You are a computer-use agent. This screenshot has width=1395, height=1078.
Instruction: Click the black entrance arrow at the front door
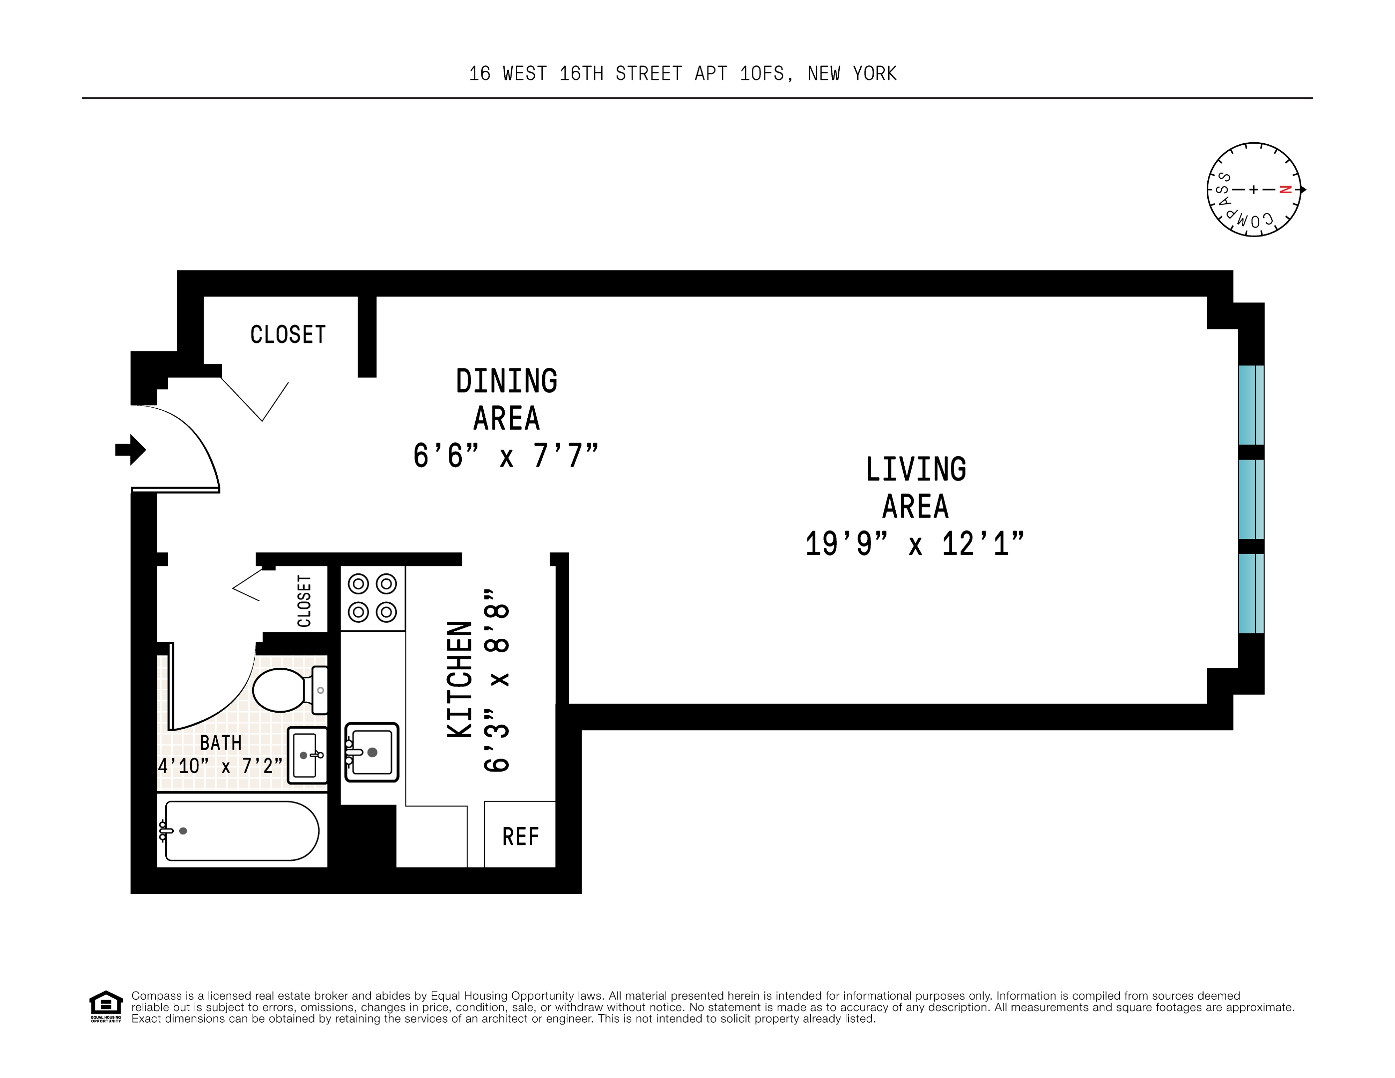click(x=131, y=450)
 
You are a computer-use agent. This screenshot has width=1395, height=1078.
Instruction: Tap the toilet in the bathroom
click(x=290, y=690)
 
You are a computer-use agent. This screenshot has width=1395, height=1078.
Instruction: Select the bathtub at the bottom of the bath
click(x=240, y=831)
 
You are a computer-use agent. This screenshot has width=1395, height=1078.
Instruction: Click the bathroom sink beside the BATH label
click(x=307, y=756)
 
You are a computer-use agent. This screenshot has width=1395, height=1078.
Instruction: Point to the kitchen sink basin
click(x=372, y=752)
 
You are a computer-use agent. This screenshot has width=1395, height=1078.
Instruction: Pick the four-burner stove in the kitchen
click(x=372, y=598)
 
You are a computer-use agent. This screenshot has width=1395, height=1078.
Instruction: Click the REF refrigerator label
click(x=521, y=836)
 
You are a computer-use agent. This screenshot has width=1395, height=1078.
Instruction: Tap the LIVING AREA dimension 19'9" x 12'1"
click(x=915, y=544)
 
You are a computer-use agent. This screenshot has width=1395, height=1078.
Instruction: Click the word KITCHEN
click(x=459, y=680)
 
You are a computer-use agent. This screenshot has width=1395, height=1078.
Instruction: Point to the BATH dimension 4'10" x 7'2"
click(x=220, y=765)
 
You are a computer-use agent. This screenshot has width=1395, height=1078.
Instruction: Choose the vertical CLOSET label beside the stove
click(x=304, y=601)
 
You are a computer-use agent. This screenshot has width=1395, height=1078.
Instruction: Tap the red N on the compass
click(x=1286, y=190)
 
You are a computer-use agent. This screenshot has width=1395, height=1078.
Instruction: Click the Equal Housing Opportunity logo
click(x=105, y=1006)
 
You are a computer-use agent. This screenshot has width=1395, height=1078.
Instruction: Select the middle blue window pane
click(x=1251, y=500)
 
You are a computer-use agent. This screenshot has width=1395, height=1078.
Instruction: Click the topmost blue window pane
click(x=1251, y=405)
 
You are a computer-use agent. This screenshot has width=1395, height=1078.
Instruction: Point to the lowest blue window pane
click(x=1251, y=593)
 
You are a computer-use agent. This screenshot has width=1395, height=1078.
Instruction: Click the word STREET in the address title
click(x=648, y=74)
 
